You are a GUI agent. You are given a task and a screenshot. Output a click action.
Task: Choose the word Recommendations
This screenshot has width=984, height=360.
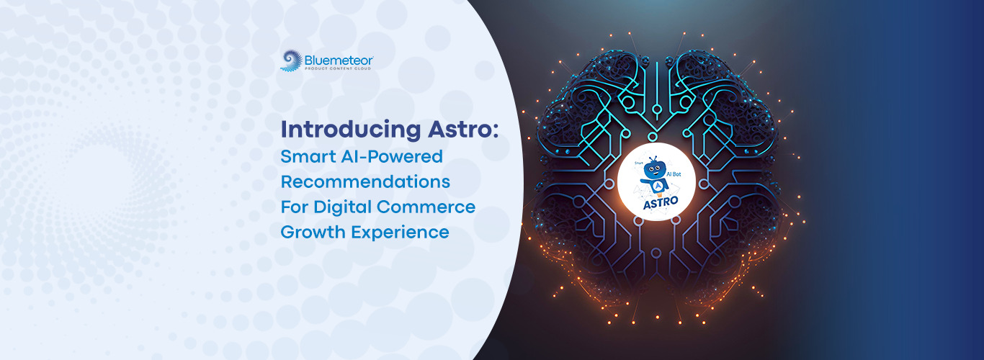click(365, 181)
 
